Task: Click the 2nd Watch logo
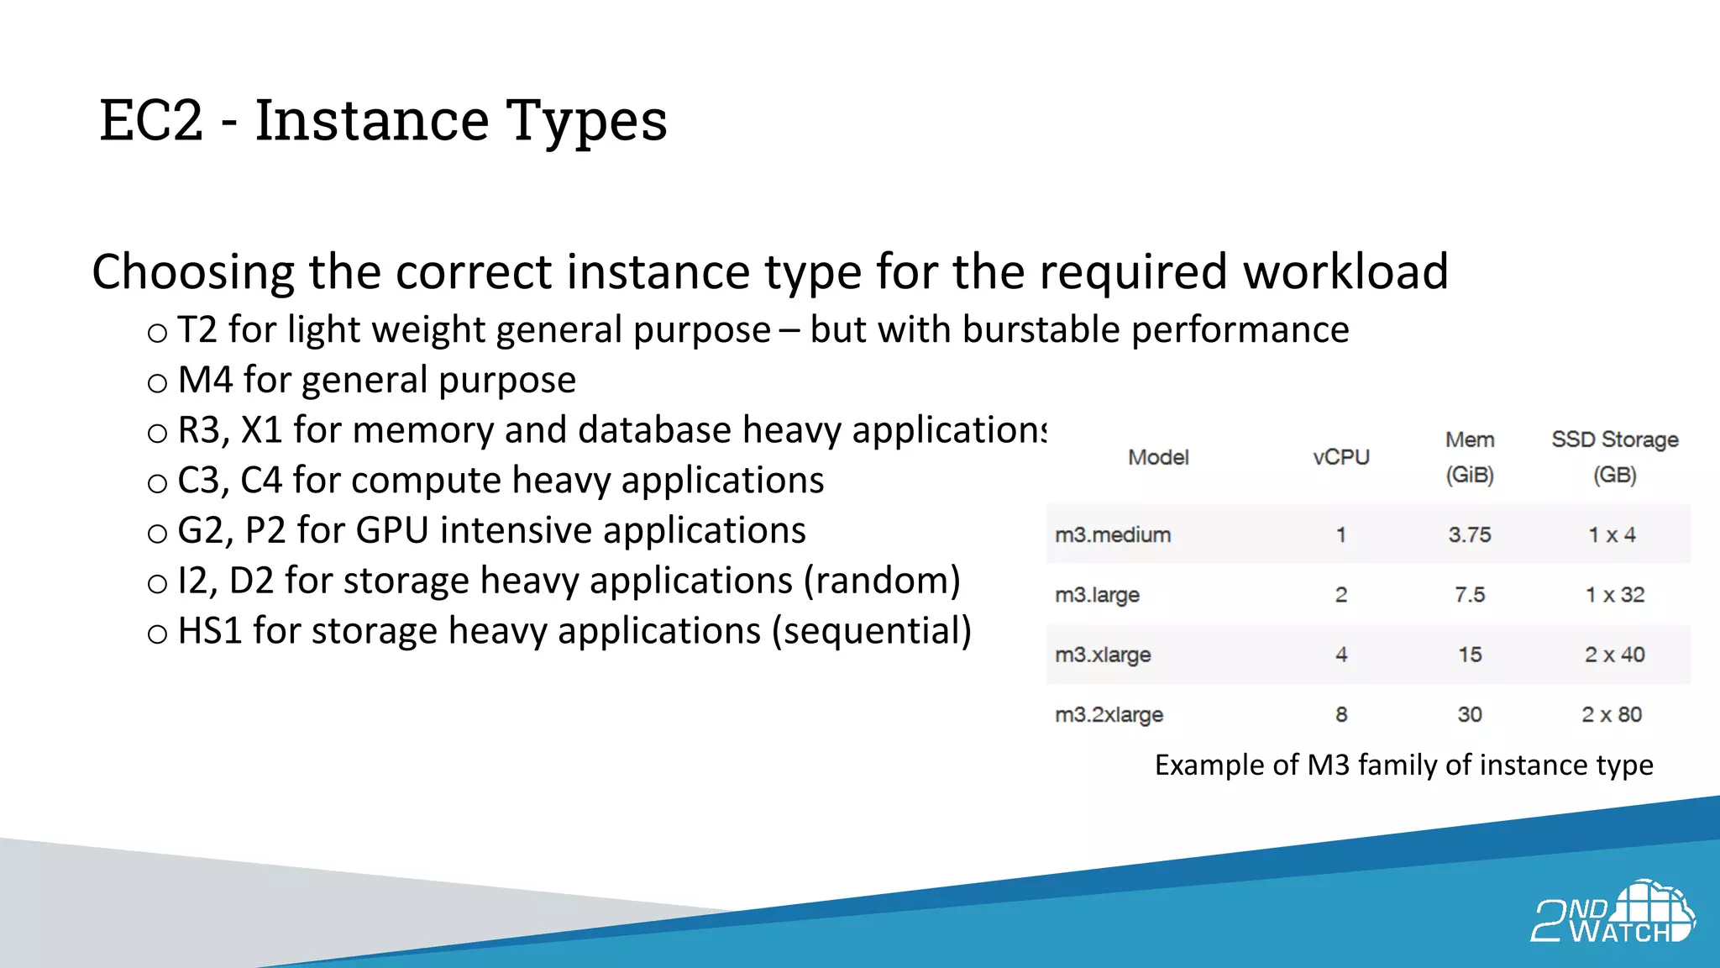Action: pyautogui.click(x=1612, y=913)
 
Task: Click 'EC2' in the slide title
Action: pyautogui.click(x=151, y=120)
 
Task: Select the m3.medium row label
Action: pyautogui.click(x=1113, y=534)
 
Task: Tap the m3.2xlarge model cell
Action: pyautogui.click(x=1109, y=714)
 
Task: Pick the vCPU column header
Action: pyautogui.click(x=1341, y=457)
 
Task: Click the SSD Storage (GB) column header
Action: pyautogui.click(x=1614, y=457)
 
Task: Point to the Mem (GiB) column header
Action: pyautogui.click(x=1470, y=457)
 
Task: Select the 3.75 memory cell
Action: pyautogui.click(x=1470, y=534)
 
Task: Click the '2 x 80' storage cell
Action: pyautogui.click(x=1612, y=714)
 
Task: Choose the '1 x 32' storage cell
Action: pyautogui.click(x=1614, y=595)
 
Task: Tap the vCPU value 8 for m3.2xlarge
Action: pyautogui.click(x=1341, y=714)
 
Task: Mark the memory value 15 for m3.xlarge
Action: pyautogui.click(x=1470, y=655)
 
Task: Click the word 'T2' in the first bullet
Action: pyautogui.click(x=197, y=329)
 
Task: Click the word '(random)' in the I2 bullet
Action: pyautogui.click(x=882, y=581)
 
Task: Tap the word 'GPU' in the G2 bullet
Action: pyautogui.click(x=392, y=530)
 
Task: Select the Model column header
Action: pyautogui.click(x=1158, y=457)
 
